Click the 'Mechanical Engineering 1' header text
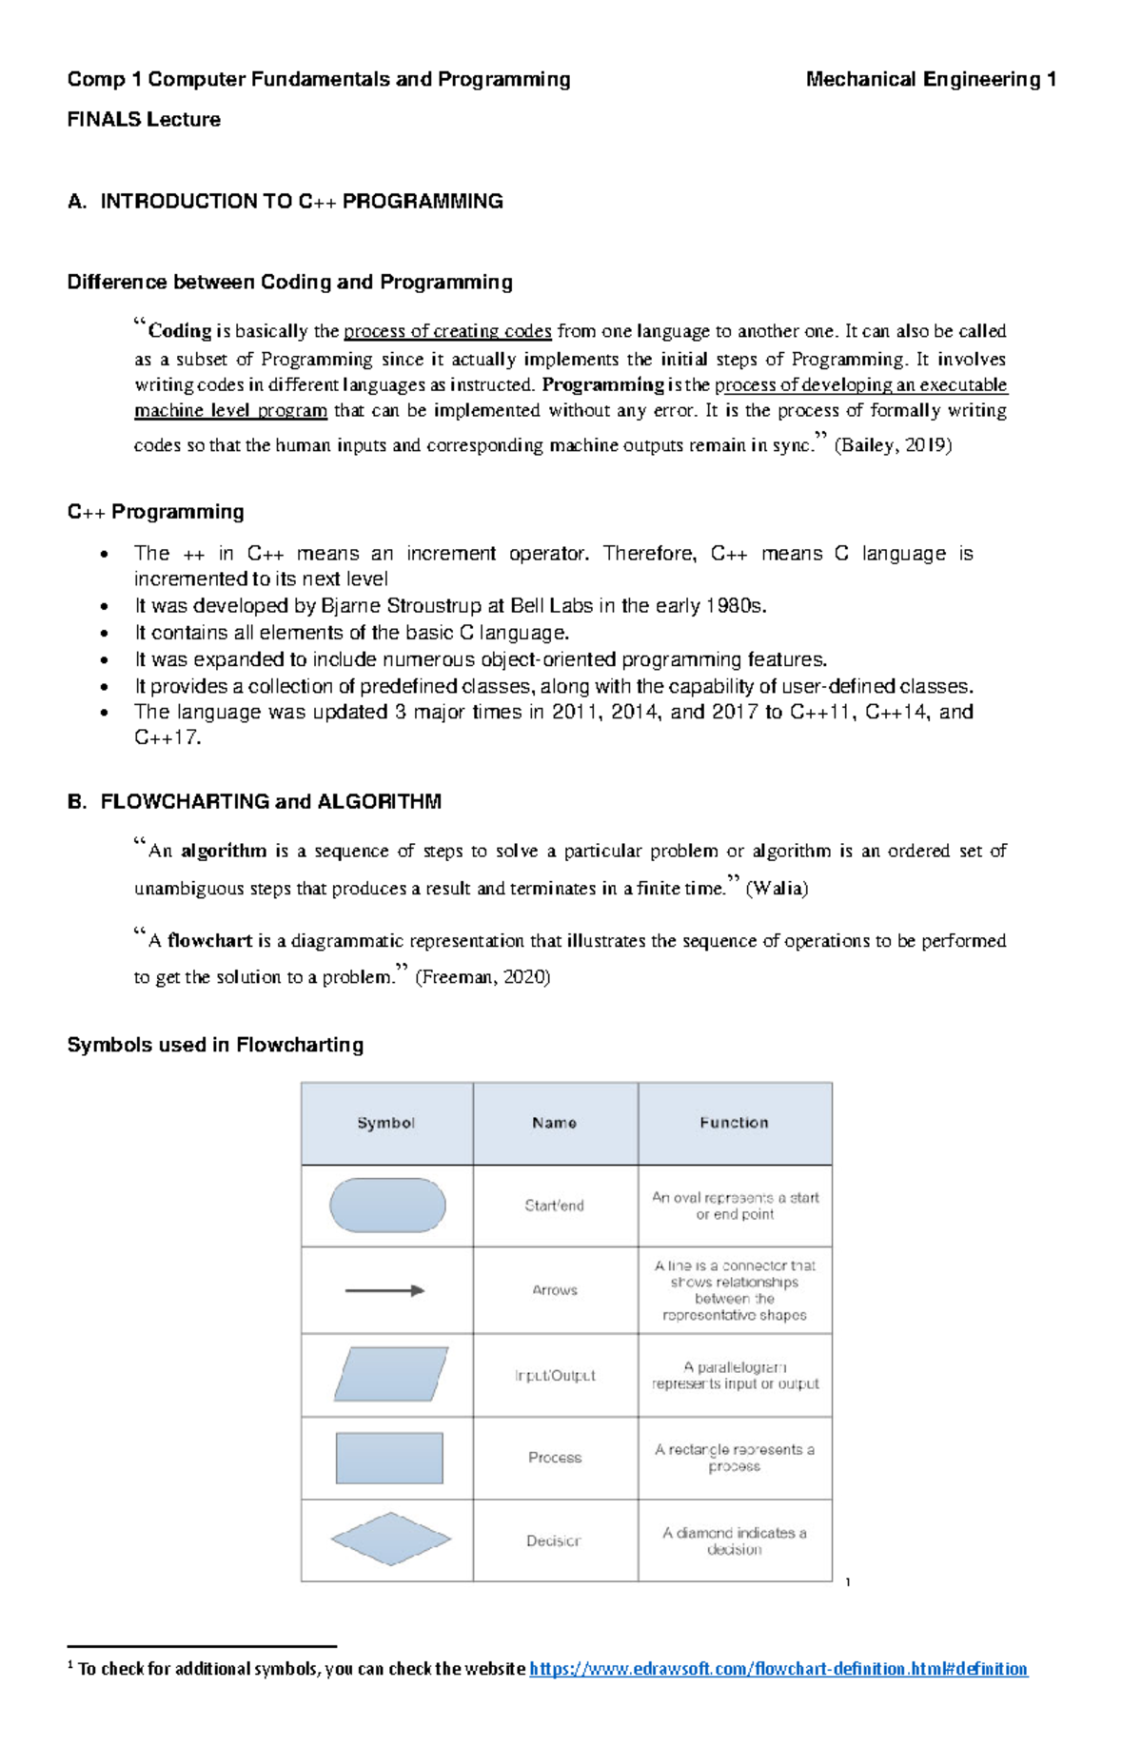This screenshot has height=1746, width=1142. click(930, 80)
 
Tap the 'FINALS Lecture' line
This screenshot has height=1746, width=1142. click(144, 120)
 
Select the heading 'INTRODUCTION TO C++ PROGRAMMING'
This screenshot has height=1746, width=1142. click(302, 202)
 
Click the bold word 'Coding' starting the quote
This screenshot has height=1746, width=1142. click(180, 331)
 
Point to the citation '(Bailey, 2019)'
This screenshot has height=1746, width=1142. click(892, 445)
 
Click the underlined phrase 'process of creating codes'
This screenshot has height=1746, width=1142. click(447, 331)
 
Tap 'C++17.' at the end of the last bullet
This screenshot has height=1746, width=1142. click(167, 738)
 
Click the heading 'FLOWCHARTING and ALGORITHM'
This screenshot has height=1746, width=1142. click(270, 802)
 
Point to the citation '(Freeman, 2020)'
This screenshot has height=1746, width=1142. click(482, 977)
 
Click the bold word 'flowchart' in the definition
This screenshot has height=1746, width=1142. click(209, 941)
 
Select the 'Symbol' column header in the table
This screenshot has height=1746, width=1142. click(385, 1124)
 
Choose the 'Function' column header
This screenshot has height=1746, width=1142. click(734, 1124)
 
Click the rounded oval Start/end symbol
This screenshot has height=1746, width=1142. click(387, 1206)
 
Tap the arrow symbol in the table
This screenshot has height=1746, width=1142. click(384, 1291)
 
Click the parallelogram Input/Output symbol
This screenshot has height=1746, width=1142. click(390, 1374)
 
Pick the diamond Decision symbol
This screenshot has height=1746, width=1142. click(390, 1540)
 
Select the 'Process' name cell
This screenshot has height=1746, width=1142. click(555, 1458)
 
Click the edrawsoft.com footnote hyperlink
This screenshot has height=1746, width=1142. click(778, 1669)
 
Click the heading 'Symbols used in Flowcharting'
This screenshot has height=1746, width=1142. click(215, 1046)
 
